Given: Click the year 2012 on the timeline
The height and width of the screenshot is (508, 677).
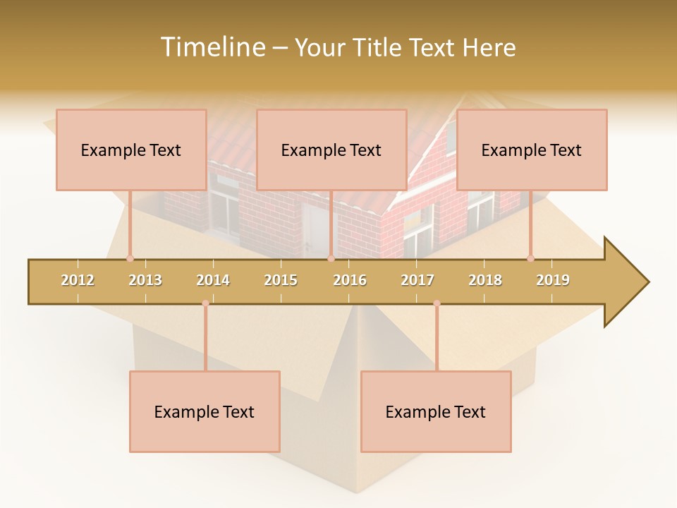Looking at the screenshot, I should (78, 280).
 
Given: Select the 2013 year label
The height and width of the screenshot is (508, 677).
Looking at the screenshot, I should (145, 280).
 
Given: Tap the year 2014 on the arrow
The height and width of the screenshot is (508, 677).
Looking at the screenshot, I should (213, 280).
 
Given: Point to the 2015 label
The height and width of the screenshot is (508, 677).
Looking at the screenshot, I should (281, 280).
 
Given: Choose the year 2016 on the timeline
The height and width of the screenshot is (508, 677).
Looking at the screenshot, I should (350, 280).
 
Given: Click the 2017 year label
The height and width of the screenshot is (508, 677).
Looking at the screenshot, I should (417, 280).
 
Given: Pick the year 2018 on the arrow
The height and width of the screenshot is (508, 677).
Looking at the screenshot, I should (485, 280).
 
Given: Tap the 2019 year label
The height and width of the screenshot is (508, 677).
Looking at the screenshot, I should (553, 280).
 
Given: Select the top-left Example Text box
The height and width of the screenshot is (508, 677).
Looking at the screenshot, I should (131, 150).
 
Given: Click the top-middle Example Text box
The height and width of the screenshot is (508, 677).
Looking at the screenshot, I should (331, 150).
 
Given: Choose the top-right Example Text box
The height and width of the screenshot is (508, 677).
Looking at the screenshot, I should (532, 150).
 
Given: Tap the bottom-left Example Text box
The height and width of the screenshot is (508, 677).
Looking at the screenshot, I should (205, 411).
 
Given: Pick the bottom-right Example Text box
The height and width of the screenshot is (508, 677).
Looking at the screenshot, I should (436, 411).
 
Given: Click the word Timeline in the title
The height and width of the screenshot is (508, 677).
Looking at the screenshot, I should (212, 47).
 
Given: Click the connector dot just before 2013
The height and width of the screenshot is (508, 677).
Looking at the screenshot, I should (130, 258).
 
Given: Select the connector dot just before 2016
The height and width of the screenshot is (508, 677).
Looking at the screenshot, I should (331, 258).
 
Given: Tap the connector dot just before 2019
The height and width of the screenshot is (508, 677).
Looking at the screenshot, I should (530, 258).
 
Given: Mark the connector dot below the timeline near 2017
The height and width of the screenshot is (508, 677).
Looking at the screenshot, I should (437, 303).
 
